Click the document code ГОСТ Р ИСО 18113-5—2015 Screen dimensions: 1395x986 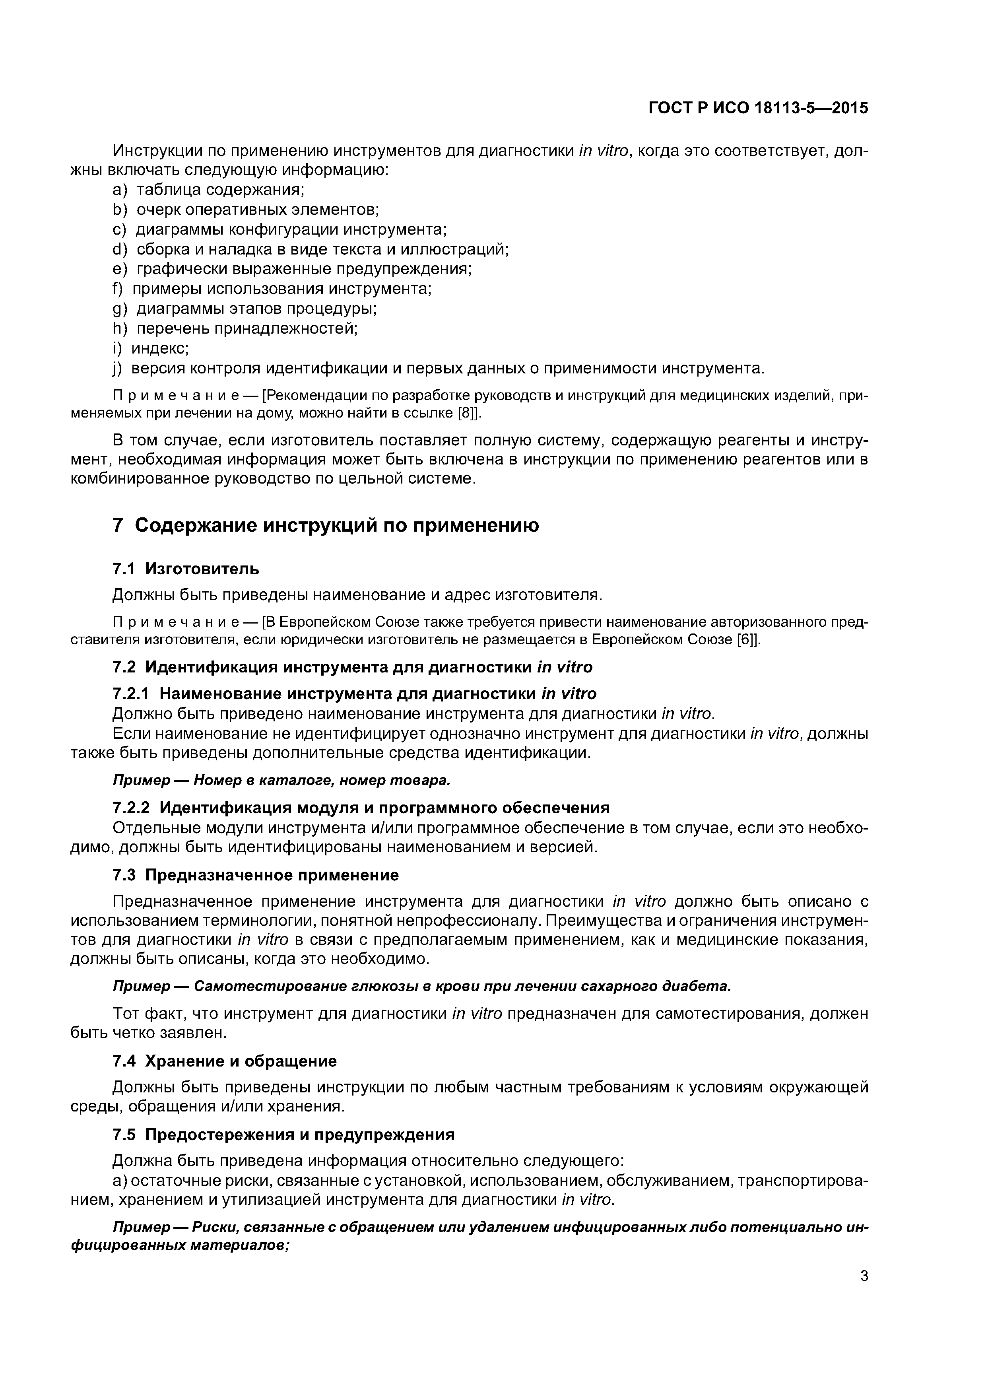click(x=758, y=108)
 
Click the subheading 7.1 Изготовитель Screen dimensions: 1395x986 click(x=186, y=569)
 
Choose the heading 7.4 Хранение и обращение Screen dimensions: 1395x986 click(x=225, y=1061)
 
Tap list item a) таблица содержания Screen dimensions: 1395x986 click(x=208, y=190)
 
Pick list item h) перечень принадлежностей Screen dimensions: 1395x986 click(x=235, y=329)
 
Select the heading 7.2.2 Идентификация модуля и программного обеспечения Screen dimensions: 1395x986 click(x=361, y=808)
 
